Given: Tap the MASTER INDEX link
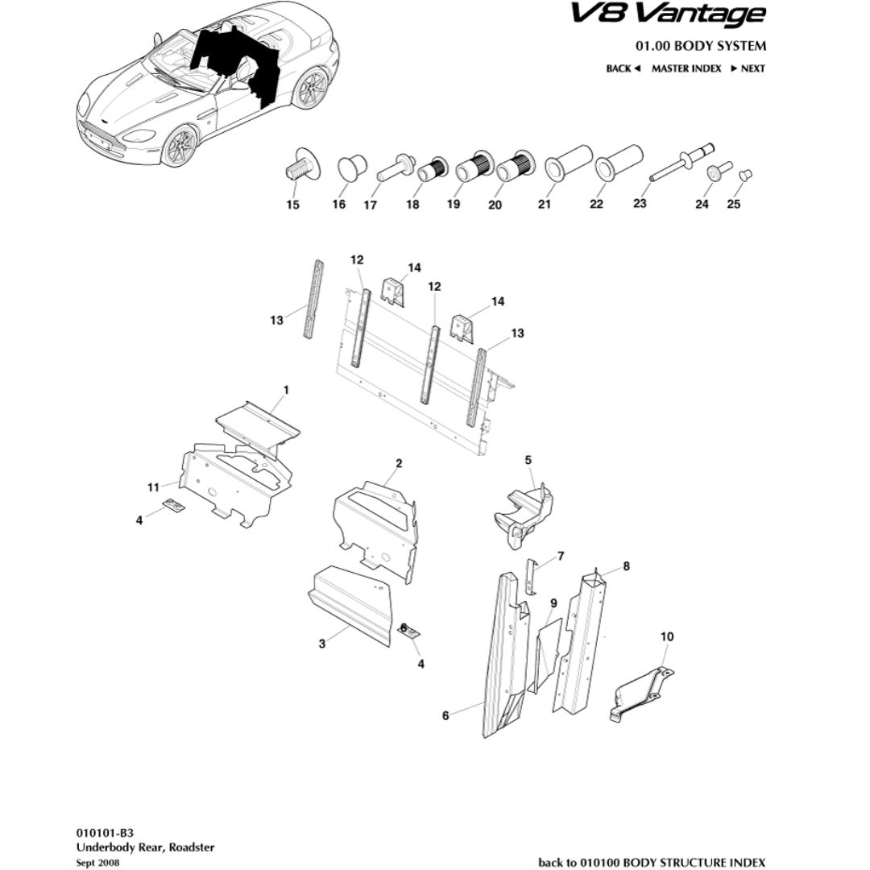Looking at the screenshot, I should click(686, 68).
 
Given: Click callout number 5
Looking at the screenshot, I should click(528, 460).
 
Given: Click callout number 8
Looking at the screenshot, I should click(626, 566).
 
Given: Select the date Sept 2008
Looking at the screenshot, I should click(98, 862).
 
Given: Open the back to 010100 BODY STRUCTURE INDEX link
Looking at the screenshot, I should click(651, 862).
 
